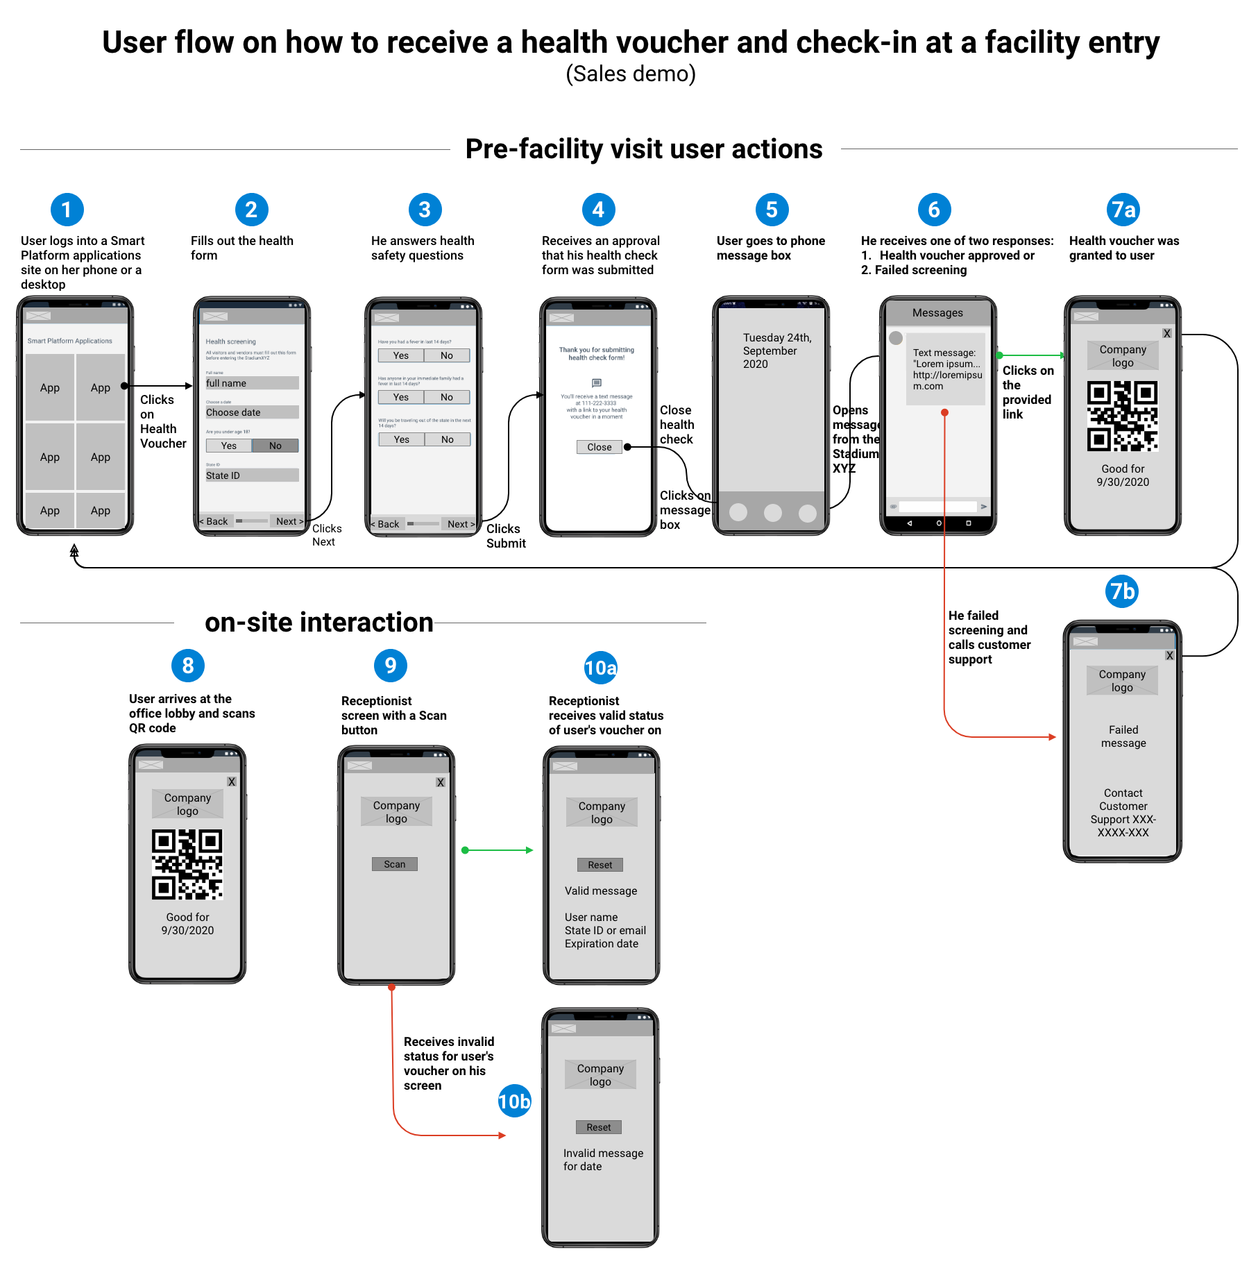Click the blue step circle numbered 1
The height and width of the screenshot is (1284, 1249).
coord(67,210)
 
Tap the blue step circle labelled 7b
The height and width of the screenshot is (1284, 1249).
coord(1122,591)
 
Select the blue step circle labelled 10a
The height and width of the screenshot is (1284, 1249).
coord(600,668)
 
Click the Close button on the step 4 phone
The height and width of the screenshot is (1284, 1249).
coord(600,447)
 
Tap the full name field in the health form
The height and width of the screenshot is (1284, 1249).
coord(252,383)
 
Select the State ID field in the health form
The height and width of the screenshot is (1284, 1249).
coord(252,475)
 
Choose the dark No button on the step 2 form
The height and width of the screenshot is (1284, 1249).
coord(275,446)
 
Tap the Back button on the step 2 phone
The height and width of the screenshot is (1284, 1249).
coord(215,521)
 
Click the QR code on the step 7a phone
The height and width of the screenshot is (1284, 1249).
coord(1123,416)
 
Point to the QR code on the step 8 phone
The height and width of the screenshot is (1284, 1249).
coord(187,864)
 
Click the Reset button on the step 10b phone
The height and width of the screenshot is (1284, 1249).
coord(599,1127)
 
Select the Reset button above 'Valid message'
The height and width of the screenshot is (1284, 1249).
coord(600,865)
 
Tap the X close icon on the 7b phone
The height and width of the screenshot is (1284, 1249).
coord(1170,655)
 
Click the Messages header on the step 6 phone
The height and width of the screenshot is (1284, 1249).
coord(937,313)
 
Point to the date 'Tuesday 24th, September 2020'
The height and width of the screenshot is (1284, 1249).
coord(776,350)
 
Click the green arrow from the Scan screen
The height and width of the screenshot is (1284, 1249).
coord(498,850)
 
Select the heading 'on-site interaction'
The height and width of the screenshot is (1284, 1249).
coord(318,623)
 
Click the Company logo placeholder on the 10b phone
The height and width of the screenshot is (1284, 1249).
coord(600,1074)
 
